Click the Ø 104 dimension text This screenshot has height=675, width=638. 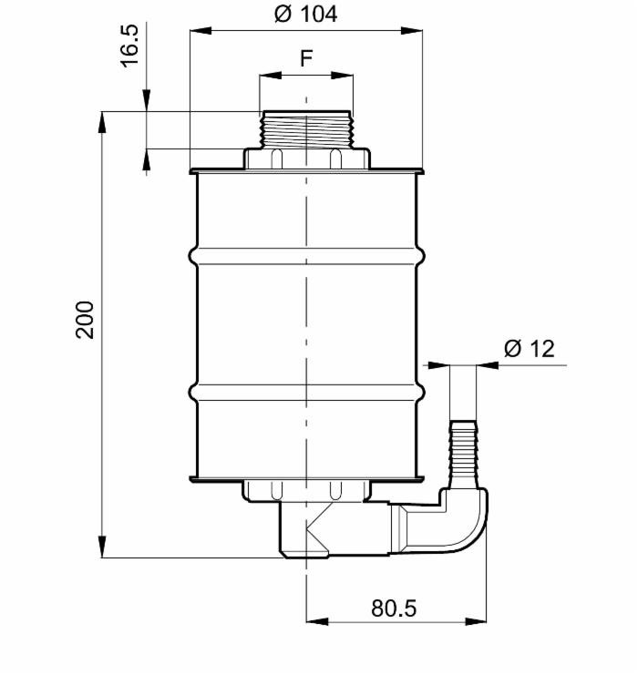pyautogui.click(x=305, y=14)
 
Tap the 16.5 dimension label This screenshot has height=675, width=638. pyautogui.click(x=130, y=46)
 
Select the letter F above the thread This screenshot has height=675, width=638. pyautogui.click(x=306, y=59)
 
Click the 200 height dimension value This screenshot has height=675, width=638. pyautogui.click(x=85, y=319)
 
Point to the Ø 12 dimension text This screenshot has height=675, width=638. pyautogui.click(x=529, y=349)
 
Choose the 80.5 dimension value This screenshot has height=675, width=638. pyautogui.click(x=394, y=608)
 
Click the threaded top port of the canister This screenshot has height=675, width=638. pyautogui.click(x=305, y=128)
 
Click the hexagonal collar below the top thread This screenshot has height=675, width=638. pyautogui.click(x=305, y=159)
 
